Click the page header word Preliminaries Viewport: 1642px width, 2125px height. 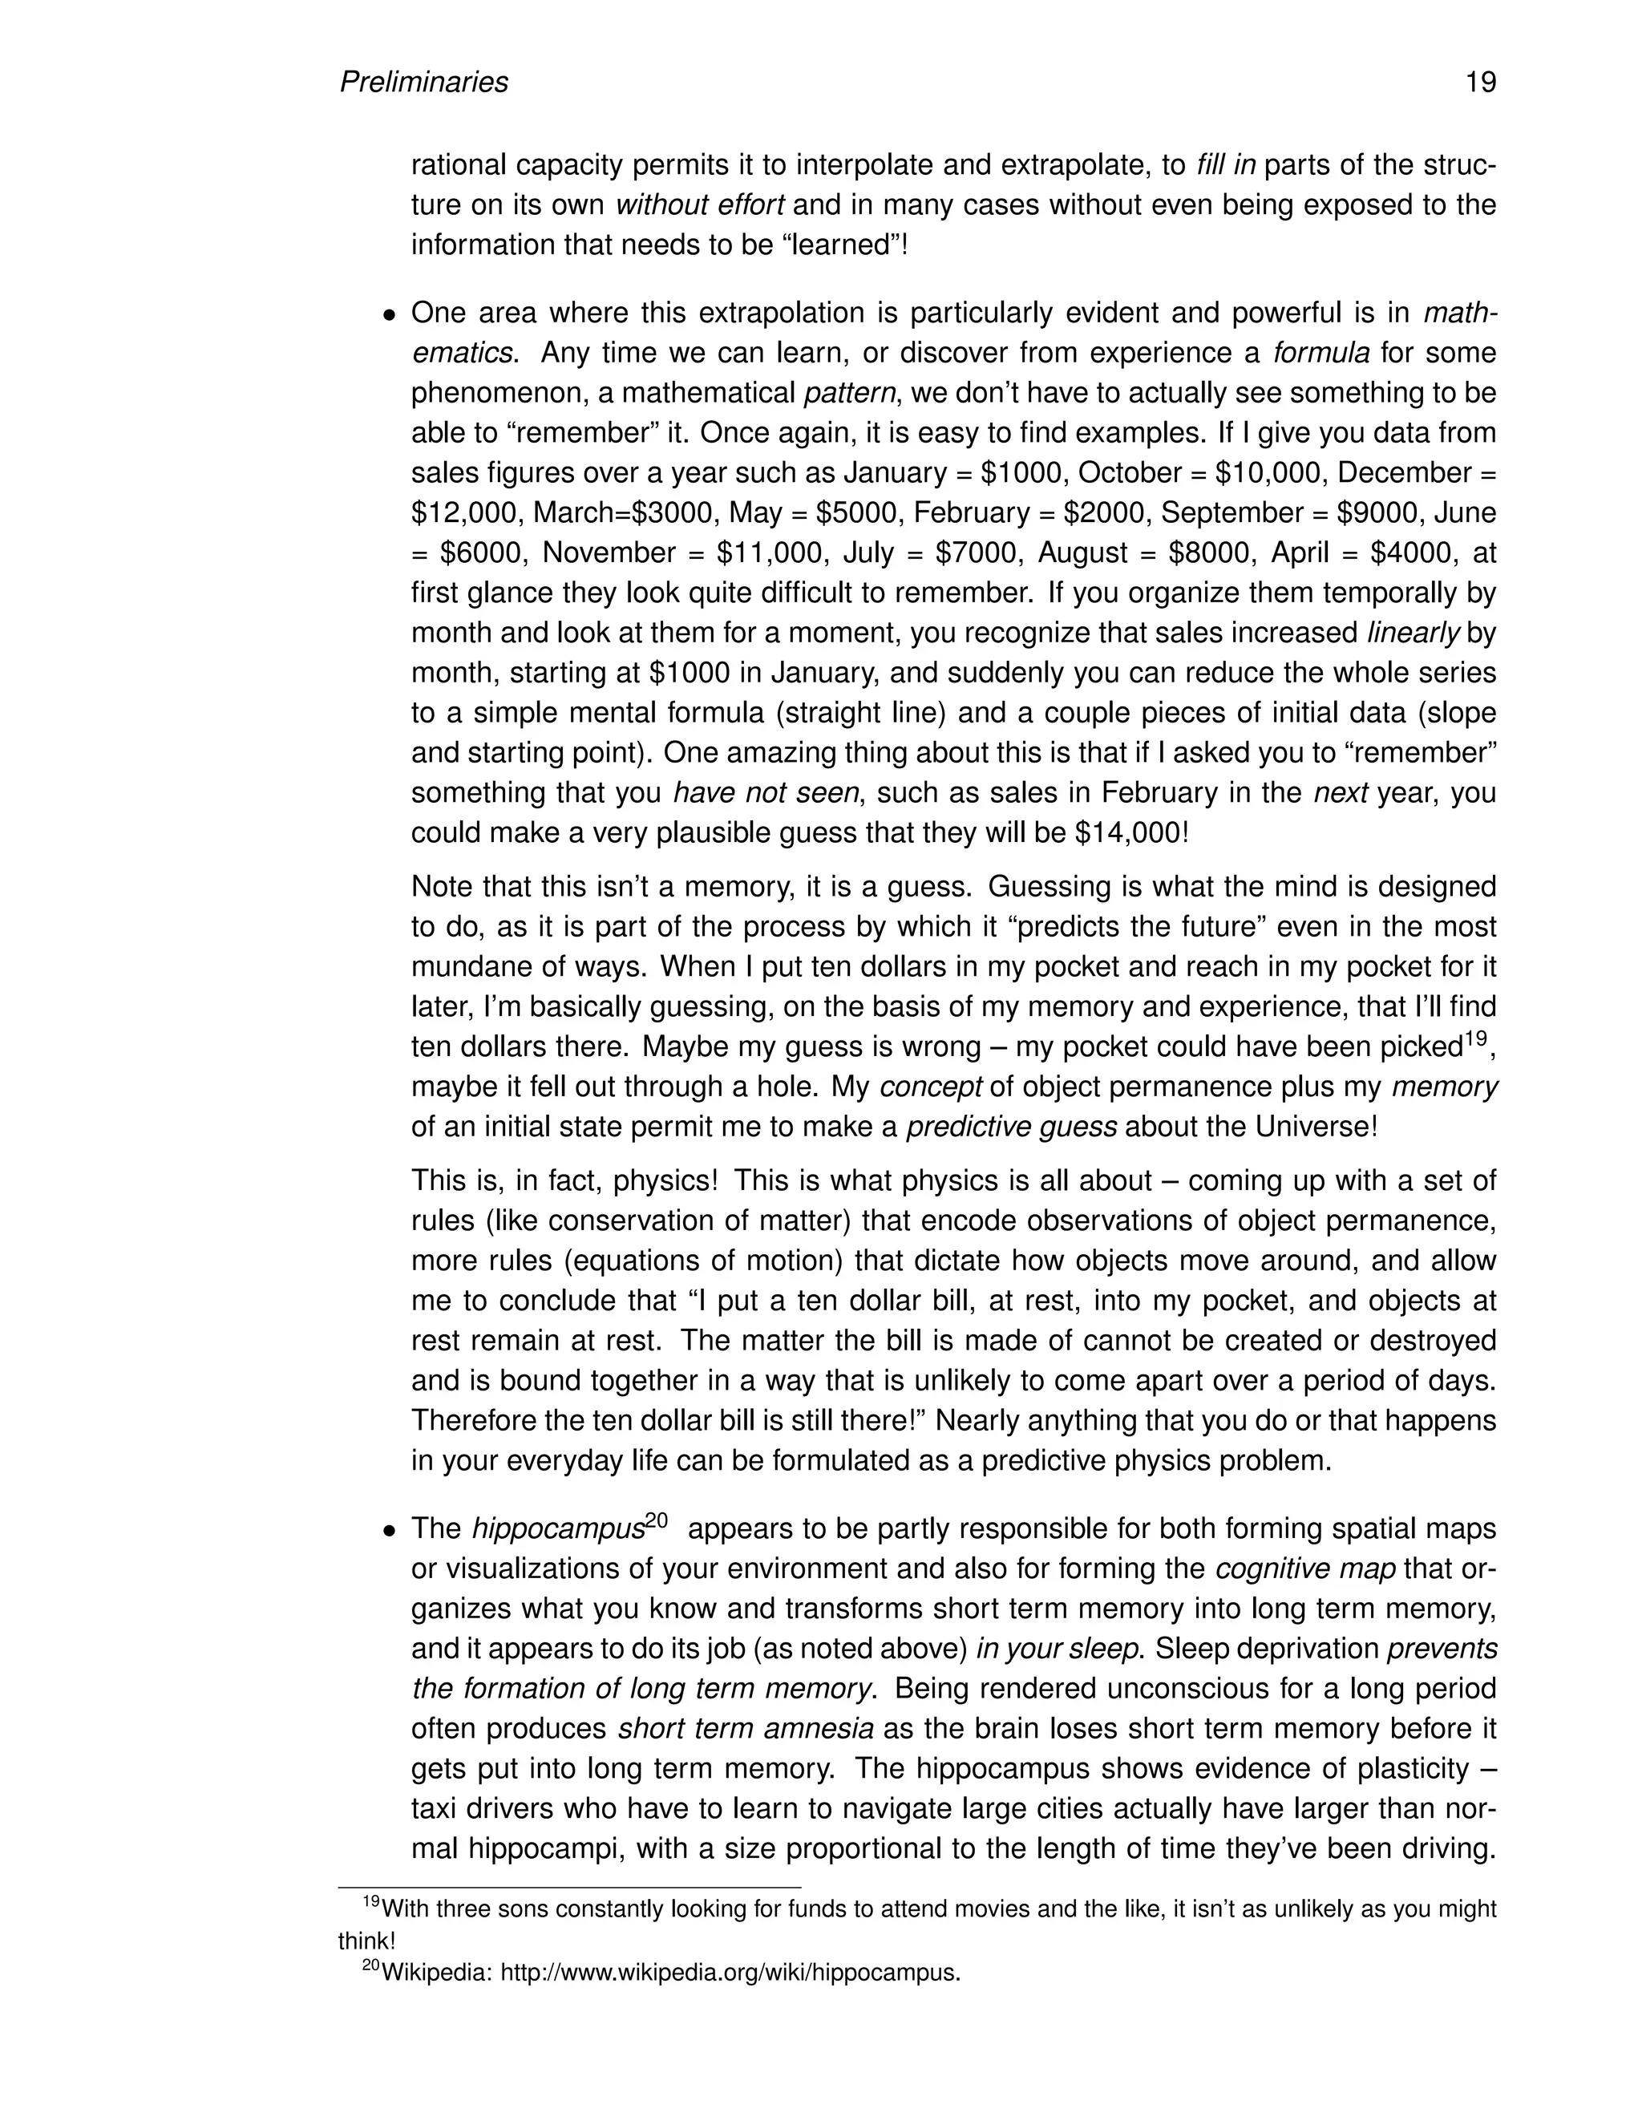423,83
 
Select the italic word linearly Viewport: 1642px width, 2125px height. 1413,633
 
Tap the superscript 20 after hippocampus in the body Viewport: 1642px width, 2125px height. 656,1520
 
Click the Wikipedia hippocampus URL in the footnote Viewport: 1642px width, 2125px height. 730,1973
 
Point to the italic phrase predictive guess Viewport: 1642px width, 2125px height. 1011,1127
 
